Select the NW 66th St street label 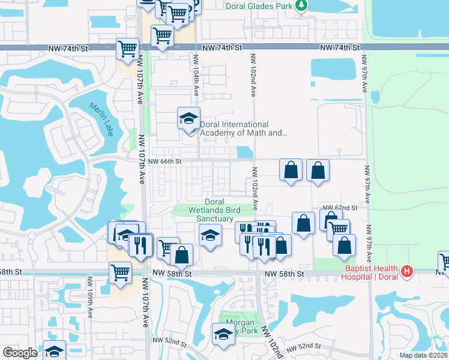coord(164,161)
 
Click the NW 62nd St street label coord(342,208)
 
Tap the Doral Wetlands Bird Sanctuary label coord(214,210)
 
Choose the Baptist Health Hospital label coord(372,272)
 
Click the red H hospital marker coord(407,272)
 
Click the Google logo coord(20,352)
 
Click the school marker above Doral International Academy coord(188,118)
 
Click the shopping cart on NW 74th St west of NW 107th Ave coord(127,49)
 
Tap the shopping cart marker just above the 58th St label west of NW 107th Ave coord(121,271)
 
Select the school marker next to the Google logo coord(54,351)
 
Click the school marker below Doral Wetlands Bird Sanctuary coord(209,236)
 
